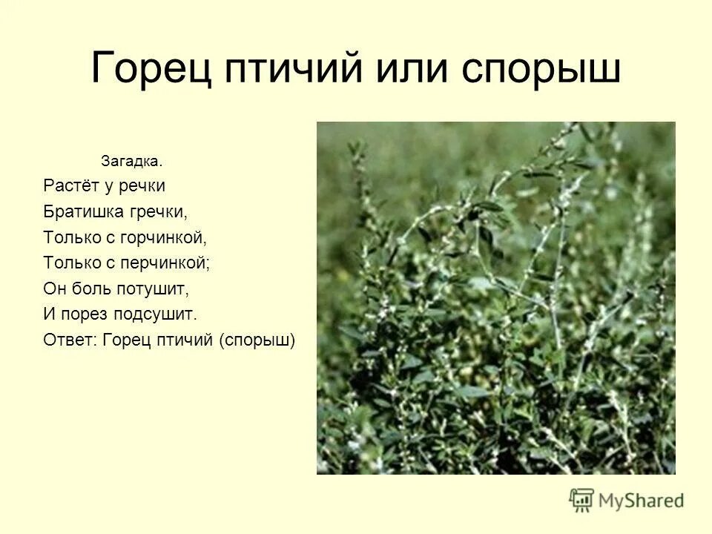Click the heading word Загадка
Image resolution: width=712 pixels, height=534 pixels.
coord(131,161)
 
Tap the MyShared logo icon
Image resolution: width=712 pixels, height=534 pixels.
coord(581,500)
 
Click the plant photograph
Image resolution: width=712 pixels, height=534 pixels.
coord(495,297)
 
